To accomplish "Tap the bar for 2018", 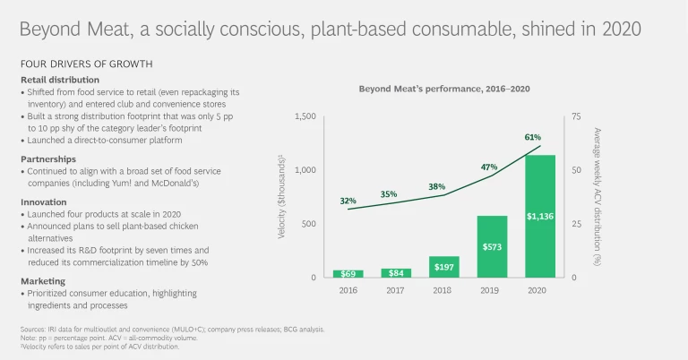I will click(x=443, y=267).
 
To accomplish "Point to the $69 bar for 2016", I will click(x=348, y=273).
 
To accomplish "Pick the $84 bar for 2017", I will click(x=395, y=272).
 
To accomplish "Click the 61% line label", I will click(x=533, y=137).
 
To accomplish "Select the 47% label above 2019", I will click(x=489, y=167).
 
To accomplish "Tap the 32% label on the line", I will click(x=348, y=201).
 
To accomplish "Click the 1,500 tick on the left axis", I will click(x=305, y=116).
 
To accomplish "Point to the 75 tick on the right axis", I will click(x=577, y=116).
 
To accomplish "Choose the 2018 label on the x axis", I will click(x=443, y=290).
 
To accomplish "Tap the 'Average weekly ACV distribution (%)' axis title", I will click(x=598, y=197).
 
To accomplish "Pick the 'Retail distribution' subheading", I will click(x=60, y=80).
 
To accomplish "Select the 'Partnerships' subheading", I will click(x=49, y=158).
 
